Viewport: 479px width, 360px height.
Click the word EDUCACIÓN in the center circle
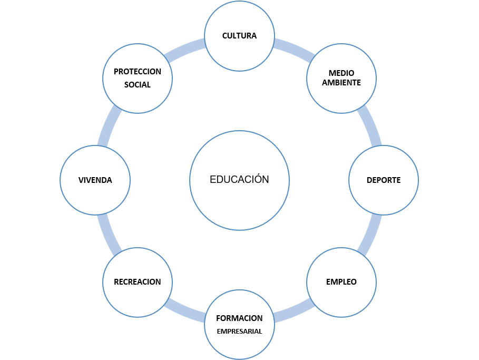tap(239, 180)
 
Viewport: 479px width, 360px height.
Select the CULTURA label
tap(239, 36)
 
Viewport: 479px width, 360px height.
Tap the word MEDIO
tap(341, 73)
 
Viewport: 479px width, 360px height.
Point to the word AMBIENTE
tap(341, 83)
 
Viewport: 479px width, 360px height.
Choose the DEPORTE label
tap(384, 180)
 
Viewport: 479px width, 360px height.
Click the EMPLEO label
tap(341, 281)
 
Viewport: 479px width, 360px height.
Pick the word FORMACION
tap(239, 318)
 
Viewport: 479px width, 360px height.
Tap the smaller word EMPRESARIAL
tap(239, 332)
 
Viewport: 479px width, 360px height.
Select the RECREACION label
tap(138, 282)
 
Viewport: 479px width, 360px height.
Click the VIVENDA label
tap(95, 180)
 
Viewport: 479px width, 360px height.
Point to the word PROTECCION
tap(138, 72)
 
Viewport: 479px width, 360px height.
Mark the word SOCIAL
tap(138, 85)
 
